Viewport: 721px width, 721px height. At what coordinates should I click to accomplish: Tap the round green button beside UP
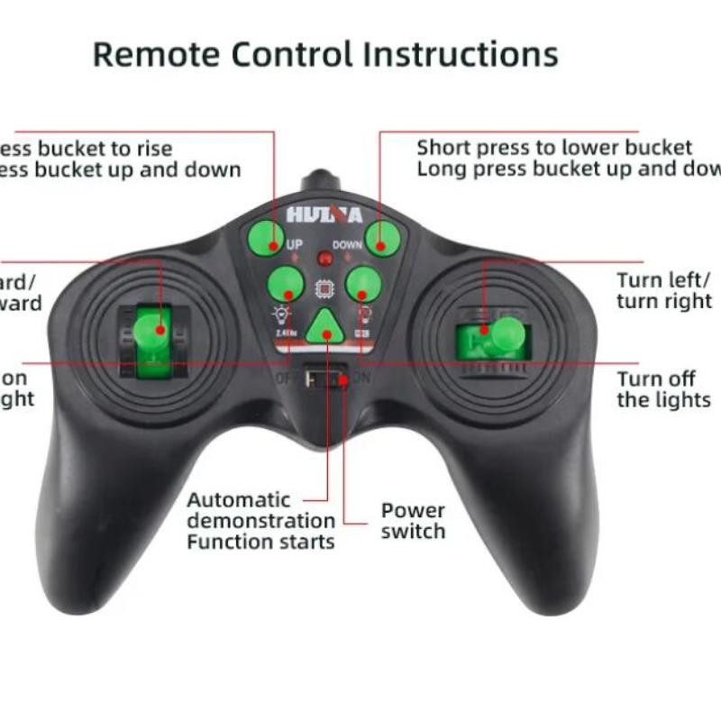click(x=266, y=238)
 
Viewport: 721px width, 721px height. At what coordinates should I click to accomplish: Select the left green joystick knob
click(x=152, y=332)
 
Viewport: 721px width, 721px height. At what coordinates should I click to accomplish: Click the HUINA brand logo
click(x=324, y=215)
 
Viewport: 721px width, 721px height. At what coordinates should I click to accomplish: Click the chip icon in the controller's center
click(x=324, y=288)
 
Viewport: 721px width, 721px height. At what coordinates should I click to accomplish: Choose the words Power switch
click(x=413, y=521)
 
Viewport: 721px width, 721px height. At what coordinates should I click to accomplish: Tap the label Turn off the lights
click(x=663, y=389)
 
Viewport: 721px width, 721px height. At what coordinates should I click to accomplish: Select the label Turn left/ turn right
click(x=664, y=290)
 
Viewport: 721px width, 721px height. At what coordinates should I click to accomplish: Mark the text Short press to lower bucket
click(x=554, y=148)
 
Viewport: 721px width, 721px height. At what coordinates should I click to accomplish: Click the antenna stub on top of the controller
click(x=321, y=181)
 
